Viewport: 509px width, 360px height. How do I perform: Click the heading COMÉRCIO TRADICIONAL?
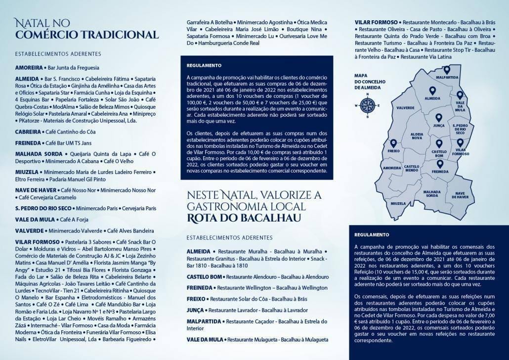(87, 35)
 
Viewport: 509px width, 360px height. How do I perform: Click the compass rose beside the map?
(367, 104)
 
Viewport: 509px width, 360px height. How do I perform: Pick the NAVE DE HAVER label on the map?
(459, 195)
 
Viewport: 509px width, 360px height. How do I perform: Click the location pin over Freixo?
(393, 143)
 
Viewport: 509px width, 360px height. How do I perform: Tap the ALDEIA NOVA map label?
(417, 137)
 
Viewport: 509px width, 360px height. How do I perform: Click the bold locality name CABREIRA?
(28, 132)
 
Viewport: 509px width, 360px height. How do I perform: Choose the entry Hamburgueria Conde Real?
(224, 44)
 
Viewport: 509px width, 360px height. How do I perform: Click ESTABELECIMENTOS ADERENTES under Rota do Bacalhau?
(230, 238)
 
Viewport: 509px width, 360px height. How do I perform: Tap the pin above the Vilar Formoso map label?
(460, 142)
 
